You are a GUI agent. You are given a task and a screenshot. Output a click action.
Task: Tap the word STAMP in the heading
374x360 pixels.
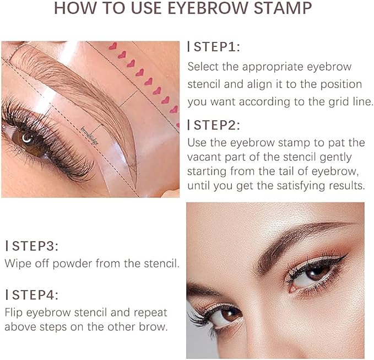click(x=281, y=9)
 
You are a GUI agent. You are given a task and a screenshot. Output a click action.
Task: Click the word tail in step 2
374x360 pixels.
click(x=297, y=172)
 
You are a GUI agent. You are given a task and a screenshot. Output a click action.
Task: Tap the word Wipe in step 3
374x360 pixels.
click(x=17, y=263)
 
